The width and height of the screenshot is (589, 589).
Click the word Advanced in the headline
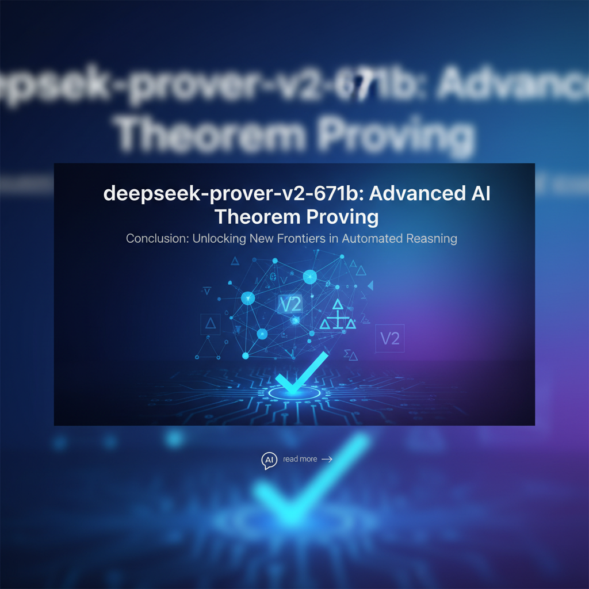click(x=408, y=194)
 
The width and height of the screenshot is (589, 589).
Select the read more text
click(x=300, y=459)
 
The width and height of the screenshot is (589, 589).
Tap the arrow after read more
click(x=327, y=459)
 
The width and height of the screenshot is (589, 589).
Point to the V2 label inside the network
click(x=289, y=303)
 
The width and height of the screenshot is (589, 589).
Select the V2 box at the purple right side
click(x=389, y=338)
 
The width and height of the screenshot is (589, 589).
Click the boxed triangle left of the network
click(x=210, y=324)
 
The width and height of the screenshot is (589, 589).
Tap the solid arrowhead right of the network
click(x=370, y=285)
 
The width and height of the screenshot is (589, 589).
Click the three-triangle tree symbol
click(x=338, y=315)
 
